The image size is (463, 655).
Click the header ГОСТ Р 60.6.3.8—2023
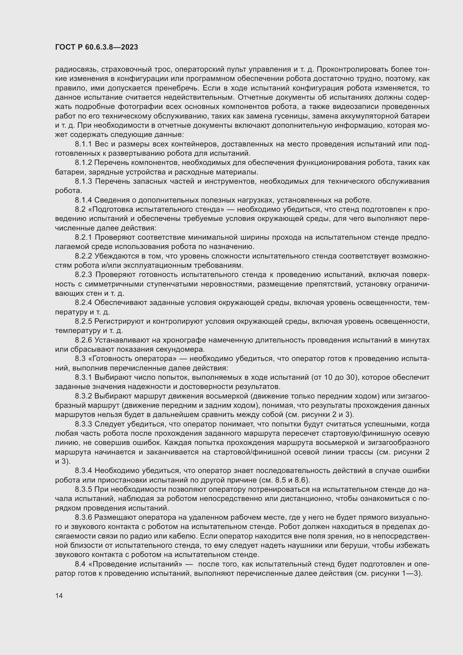coord(97,47)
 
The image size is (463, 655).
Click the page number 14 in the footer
coord(59,596)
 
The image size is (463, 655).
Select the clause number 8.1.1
coord(83,144)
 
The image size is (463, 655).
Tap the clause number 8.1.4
coord(83,200)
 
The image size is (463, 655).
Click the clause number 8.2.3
coord(83,274)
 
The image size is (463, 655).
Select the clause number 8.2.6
coord(83,340)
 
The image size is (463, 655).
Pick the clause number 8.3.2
coord(83,396)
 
